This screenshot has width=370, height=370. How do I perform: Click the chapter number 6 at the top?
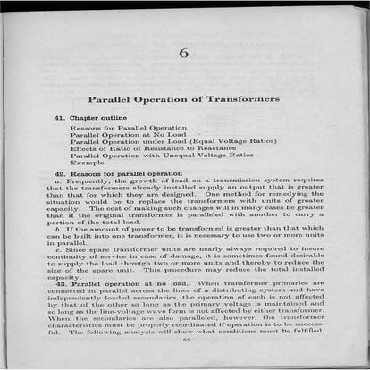[x=184, y=53]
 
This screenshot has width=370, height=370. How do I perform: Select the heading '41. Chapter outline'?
[x=90, y=118]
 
